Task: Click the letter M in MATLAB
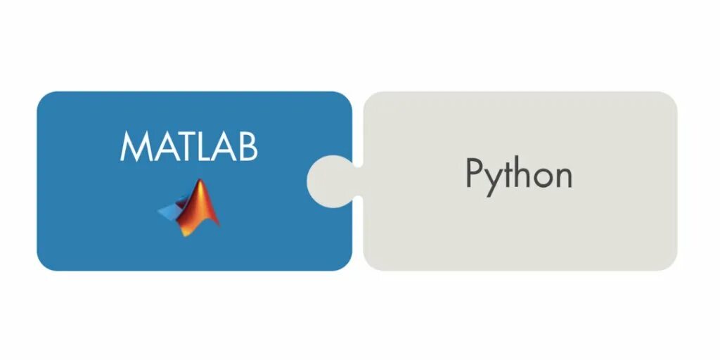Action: [133, 146]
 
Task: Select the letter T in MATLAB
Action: [181, 146]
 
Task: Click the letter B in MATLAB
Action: [247, 146]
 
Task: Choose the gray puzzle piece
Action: [520, 232]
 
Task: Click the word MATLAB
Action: [189, 146]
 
